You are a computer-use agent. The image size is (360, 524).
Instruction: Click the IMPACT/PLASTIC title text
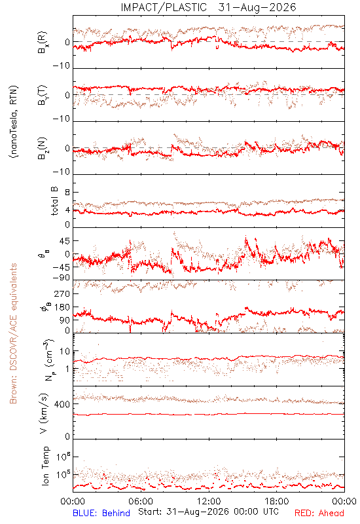(164, 7)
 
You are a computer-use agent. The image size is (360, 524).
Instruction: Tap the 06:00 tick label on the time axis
(141, 501)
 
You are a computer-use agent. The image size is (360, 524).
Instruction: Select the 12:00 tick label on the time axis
(209, 501)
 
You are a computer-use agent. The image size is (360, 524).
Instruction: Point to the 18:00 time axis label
(277, 501)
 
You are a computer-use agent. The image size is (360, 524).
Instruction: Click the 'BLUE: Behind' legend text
(101, 513)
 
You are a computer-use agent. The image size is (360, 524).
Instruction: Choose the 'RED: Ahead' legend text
(319, 513)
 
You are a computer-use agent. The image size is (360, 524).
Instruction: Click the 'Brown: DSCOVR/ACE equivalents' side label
(13, 333)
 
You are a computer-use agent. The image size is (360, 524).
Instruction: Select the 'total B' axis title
(54, 201)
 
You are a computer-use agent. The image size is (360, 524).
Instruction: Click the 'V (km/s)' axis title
(44, 413)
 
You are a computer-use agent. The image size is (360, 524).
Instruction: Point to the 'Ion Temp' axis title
(45, 466)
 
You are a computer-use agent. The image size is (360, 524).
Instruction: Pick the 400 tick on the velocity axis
(62, 404)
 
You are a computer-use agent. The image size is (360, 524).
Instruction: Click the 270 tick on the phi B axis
(62, 294)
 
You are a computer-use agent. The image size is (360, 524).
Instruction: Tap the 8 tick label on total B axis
(67, 193)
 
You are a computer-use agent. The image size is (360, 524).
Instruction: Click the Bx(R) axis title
(43, 43)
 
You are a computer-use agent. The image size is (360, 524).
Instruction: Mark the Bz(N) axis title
(43, 148)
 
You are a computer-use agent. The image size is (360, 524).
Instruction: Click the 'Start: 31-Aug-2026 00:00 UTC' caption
(208, 512)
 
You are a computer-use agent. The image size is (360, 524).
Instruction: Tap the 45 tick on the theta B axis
(65, 241)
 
